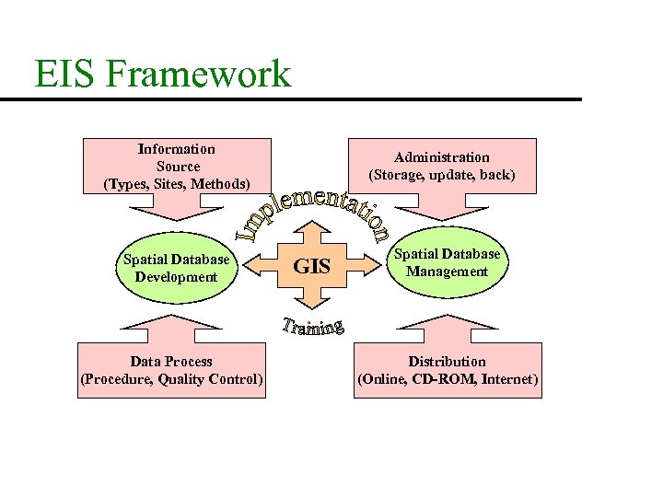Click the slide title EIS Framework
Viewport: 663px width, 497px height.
tap(162, 74)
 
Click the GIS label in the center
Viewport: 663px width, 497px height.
tap(311, 267)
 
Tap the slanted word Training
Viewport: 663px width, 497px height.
tap(313, 327)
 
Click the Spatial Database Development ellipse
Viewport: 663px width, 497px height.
tap(177, 268)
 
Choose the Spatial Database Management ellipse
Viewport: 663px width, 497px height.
tap(448, 262)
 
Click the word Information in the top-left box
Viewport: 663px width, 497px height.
tap(177, 149)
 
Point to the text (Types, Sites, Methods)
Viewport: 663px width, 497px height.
tap(177, 183)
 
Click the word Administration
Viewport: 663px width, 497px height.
tap(442, 157)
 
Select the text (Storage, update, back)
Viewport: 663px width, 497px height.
tap(442, 174)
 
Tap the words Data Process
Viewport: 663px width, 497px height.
tap(171, 362)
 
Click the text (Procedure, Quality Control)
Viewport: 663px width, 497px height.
tap(171, 379)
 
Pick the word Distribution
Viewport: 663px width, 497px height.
tap(448, 362)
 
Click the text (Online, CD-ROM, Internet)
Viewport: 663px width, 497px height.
tap(448, 379)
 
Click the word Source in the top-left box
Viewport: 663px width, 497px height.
tap(178, 167)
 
